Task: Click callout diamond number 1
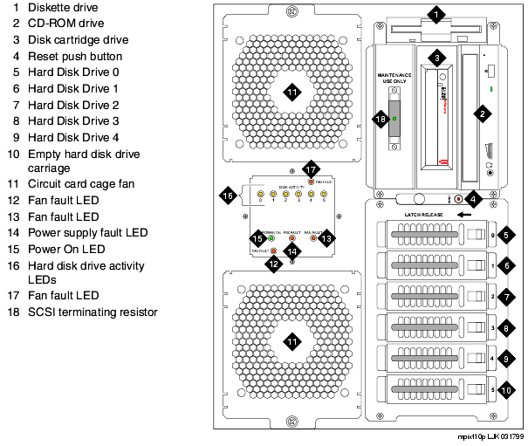point(437,15)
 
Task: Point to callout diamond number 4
point(471,198)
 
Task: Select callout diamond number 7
point(506,298)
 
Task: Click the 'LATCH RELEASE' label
point(424,213)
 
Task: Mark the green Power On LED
point(271,237)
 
